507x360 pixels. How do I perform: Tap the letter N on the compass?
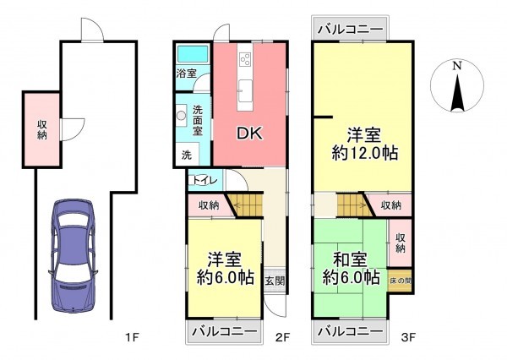click(456, 65)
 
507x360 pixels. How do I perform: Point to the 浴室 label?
click(187, 74)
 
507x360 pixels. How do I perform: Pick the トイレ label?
click(204, 179)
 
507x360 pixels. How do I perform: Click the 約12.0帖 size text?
click(365, 154)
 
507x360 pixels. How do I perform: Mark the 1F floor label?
click(131, 338)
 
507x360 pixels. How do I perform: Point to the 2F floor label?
click(282, 338)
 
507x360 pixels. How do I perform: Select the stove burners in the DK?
click(246, 60)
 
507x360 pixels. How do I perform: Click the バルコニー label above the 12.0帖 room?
click(350, 30)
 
